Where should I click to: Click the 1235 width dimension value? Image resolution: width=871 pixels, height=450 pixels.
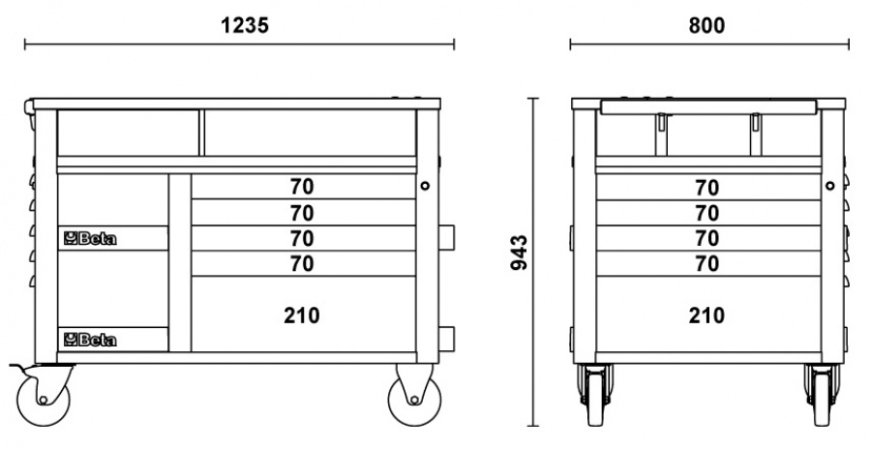click(240, 26)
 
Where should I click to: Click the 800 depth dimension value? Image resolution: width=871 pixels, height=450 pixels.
click(706, 26)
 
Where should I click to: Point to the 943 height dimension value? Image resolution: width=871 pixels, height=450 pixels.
click(519, 252)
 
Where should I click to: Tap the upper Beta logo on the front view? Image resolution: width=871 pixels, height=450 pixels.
click(90, 239)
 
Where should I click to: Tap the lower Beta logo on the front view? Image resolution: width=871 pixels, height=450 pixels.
click(90, 339)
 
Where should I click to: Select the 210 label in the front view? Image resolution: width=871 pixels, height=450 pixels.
click(302, 315)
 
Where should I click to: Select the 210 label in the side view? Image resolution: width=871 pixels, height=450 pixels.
click(706, 315)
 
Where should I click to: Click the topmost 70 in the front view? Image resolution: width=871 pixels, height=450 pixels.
click(302, 187)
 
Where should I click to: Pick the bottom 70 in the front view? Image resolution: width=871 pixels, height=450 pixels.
click(302, 263)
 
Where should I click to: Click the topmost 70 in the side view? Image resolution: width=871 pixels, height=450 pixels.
click(706, 187)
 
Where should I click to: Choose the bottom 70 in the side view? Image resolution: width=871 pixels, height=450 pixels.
click(706, 263)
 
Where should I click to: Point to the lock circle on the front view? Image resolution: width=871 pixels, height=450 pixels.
click(425, 185)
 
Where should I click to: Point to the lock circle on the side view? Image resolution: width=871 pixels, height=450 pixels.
click(829, 185)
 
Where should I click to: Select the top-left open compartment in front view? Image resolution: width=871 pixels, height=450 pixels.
click(128, 133)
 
